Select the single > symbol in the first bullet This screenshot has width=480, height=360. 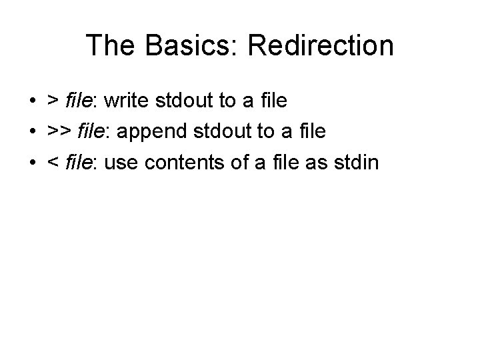point(51,101)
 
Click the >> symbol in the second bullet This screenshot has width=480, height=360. point(57,131)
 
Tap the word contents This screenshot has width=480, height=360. point(181,161)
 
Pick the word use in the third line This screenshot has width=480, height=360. point(121,161)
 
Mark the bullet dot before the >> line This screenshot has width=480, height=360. point(32,132)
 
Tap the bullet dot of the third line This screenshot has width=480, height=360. point(32,162)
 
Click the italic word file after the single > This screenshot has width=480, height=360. point(78,101)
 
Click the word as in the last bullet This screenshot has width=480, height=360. point(317,161)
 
